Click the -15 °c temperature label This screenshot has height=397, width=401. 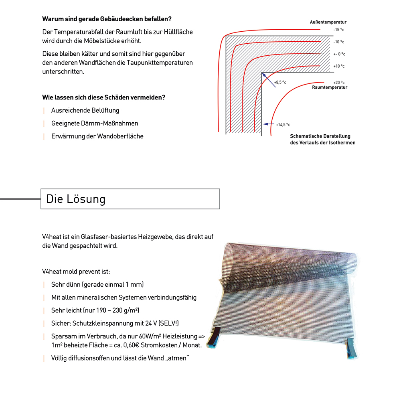[338, 30]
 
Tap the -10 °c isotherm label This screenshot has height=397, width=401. [338, 42]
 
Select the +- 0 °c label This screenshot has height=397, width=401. [338, 54]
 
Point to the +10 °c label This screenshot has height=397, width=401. [338, 66]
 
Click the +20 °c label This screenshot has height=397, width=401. [338, 82]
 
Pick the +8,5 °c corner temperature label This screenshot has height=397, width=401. [280, 82]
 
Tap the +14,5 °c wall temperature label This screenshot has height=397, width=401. [283, 125]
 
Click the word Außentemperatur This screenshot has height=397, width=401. [328, 22]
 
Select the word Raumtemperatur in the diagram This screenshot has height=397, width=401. [329, 87]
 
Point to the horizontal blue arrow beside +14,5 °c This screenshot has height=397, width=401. [267, 125]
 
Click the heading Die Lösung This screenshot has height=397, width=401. [76, 199]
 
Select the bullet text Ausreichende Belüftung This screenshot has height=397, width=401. [85, 110]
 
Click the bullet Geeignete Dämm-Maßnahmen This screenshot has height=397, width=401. [95, 123]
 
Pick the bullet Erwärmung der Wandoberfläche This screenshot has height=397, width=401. [97, 136]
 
